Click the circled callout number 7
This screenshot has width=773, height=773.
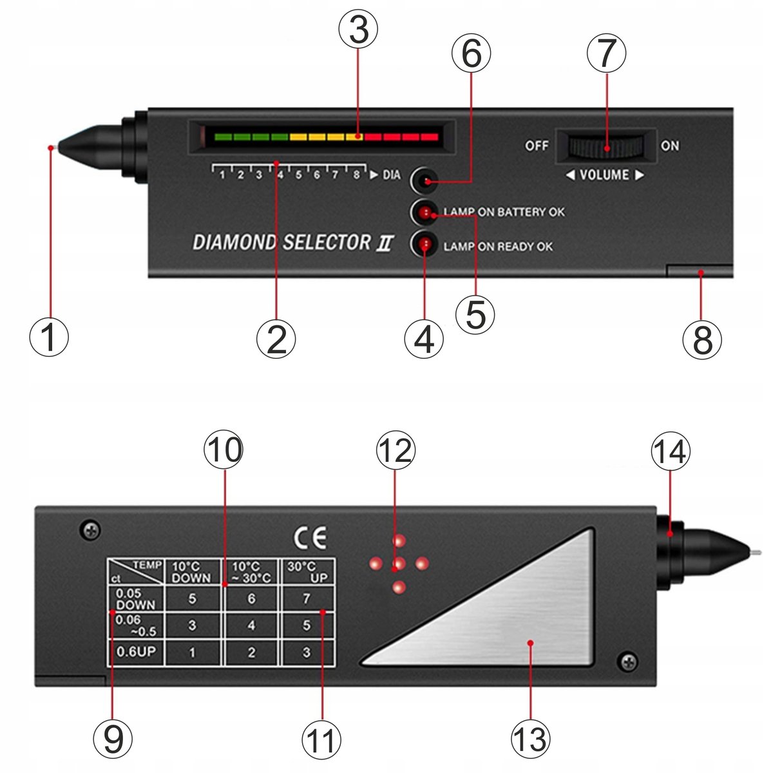[x=606, y=53]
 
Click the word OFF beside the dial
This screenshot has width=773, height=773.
[x=537, y=146]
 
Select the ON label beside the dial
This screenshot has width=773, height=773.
[x=670, y=146]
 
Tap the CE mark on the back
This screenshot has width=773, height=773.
[x=310, y=538]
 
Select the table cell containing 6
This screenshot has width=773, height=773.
[x=251, y=598]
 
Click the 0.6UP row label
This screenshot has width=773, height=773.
[x=136, y=651]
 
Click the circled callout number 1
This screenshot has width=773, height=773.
[x=49, y=337]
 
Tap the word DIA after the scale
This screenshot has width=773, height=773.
[x=392, y=175]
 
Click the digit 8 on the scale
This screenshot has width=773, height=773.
[x=356, y=175]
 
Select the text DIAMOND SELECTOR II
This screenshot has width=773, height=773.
[x=293, y=242]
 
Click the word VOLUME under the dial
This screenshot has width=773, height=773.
[x=604, y=175]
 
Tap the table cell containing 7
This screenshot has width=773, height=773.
[x=307, y=598]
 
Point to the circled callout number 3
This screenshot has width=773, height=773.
[x=358, y=29]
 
